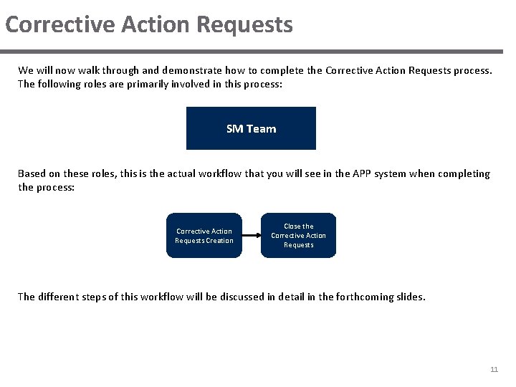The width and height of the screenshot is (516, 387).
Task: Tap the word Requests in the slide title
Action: click(244, 24)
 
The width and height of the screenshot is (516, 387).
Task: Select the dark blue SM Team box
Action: click(251, 128)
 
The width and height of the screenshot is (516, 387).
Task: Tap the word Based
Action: click(32, 173)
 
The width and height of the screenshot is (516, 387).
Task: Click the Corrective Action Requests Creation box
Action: click(204, 235)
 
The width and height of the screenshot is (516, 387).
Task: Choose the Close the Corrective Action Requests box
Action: click(298, 235)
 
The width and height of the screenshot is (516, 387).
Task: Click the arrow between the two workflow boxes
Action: click(251, 235)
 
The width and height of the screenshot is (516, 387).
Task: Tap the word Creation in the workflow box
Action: click(219, 241)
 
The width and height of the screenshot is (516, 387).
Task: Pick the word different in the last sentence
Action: click(61, 296)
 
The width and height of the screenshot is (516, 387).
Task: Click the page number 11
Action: click(494, 369)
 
